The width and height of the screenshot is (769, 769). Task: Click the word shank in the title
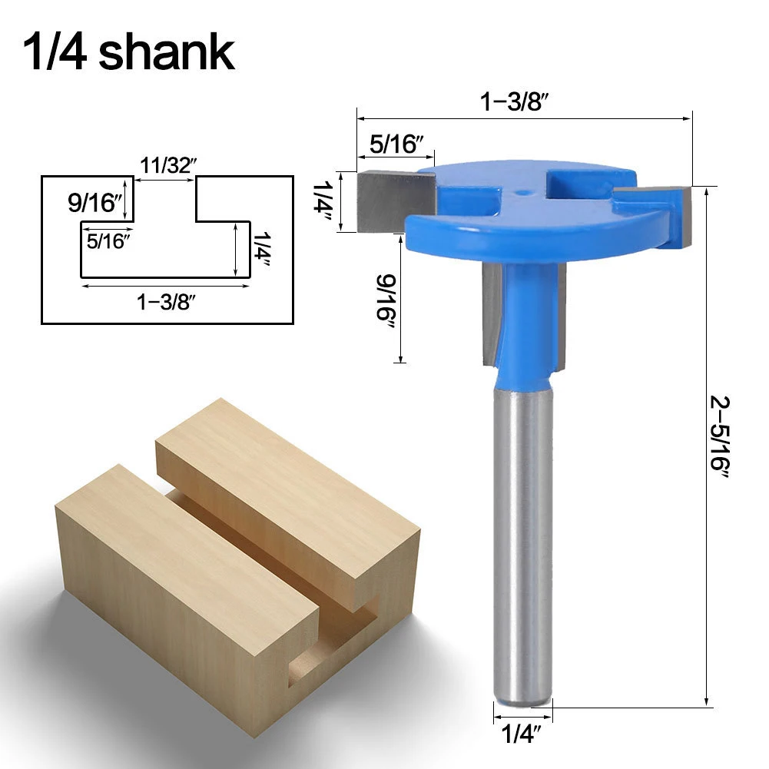[x=167, y=51]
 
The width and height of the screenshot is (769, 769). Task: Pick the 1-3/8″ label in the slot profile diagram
[x=167, y=302]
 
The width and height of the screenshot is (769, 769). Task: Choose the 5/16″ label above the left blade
[x=396, y=143]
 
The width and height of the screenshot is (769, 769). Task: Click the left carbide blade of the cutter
[x=393, y=201]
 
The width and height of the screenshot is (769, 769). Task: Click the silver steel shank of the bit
[x=522, y=538]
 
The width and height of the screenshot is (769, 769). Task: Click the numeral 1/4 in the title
[x=56, y=51]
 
